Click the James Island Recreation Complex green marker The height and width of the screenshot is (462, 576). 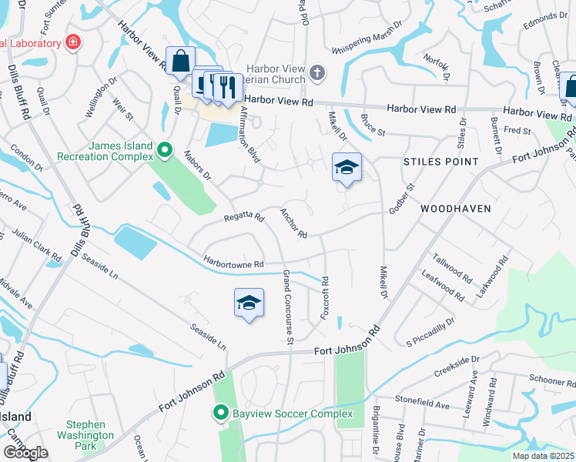(x=163, y=149)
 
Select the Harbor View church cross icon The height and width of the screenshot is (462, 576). (x=316, y=74)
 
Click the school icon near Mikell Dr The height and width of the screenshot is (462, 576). (x=347, y=168)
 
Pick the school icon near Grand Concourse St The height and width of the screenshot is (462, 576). (x=249, y=304)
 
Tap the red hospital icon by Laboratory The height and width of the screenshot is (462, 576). (x=72, y=42)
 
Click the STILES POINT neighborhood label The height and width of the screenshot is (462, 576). (x=441, y=162)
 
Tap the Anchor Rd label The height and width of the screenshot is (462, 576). (x=293, y=223)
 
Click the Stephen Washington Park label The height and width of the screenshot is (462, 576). (x=91, y=434)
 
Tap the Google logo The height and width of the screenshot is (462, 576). (x=25, y=453)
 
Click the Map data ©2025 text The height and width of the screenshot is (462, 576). (x=542, y=456)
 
